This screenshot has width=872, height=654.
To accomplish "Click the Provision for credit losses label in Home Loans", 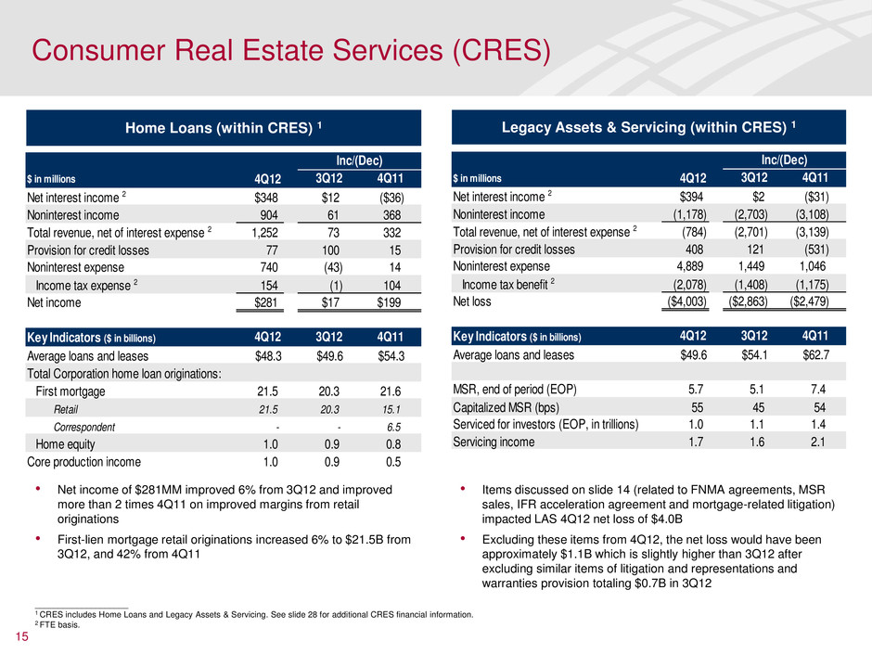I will tap(88, 249).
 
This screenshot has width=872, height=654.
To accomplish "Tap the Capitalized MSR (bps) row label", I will tap(510, 407).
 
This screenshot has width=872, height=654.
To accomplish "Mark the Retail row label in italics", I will tap(66, 409).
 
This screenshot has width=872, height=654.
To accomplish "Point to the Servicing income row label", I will tap(494, 442).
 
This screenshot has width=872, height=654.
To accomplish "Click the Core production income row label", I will tap(83, 461).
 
